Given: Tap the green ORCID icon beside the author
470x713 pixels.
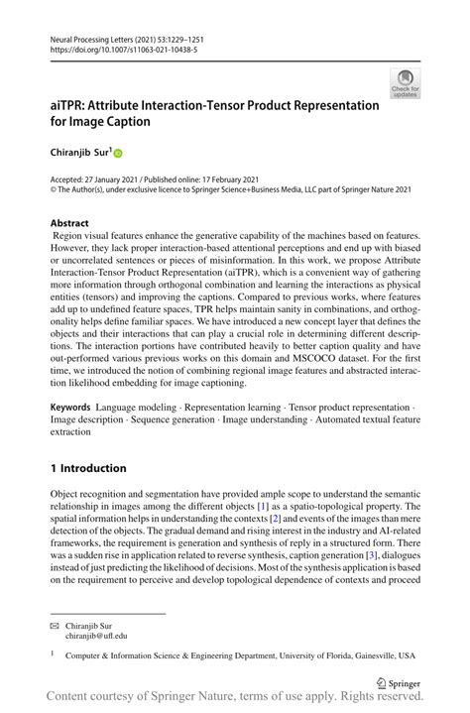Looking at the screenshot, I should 119,154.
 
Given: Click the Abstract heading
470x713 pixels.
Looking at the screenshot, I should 69,223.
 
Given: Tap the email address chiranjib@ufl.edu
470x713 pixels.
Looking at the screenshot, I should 96,637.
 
